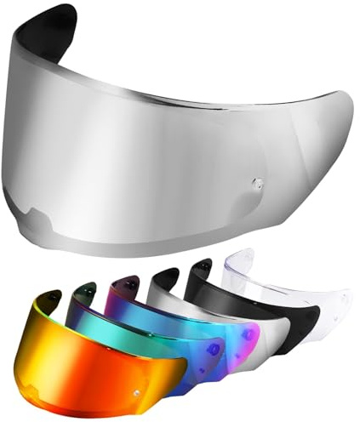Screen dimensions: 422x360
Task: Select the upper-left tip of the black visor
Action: [x=203, y=264]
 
